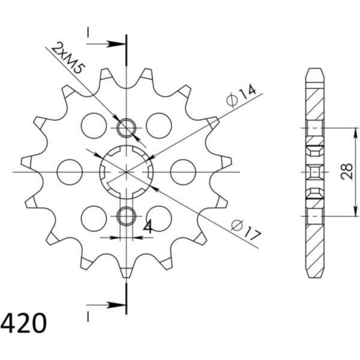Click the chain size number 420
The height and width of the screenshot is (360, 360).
[x=24, y=325]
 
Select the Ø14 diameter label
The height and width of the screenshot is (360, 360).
[x=242, y=96]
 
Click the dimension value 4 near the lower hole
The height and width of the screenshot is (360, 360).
[x=146, y=227]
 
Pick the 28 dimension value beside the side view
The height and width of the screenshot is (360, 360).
[x=346, y=172]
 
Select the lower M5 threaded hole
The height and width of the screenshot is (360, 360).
[x=127, y=216]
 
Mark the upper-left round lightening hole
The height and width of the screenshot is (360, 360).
[x=94, y=125]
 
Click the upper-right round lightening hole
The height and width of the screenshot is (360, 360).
[x=159, y=125]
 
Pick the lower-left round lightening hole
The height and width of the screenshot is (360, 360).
[x=94, y=218]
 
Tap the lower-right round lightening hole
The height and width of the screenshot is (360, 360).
[x=159, y=218]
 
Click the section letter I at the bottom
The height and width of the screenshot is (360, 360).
[x=88, y=315]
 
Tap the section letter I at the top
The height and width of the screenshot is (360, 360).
[x=88, y=33]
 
